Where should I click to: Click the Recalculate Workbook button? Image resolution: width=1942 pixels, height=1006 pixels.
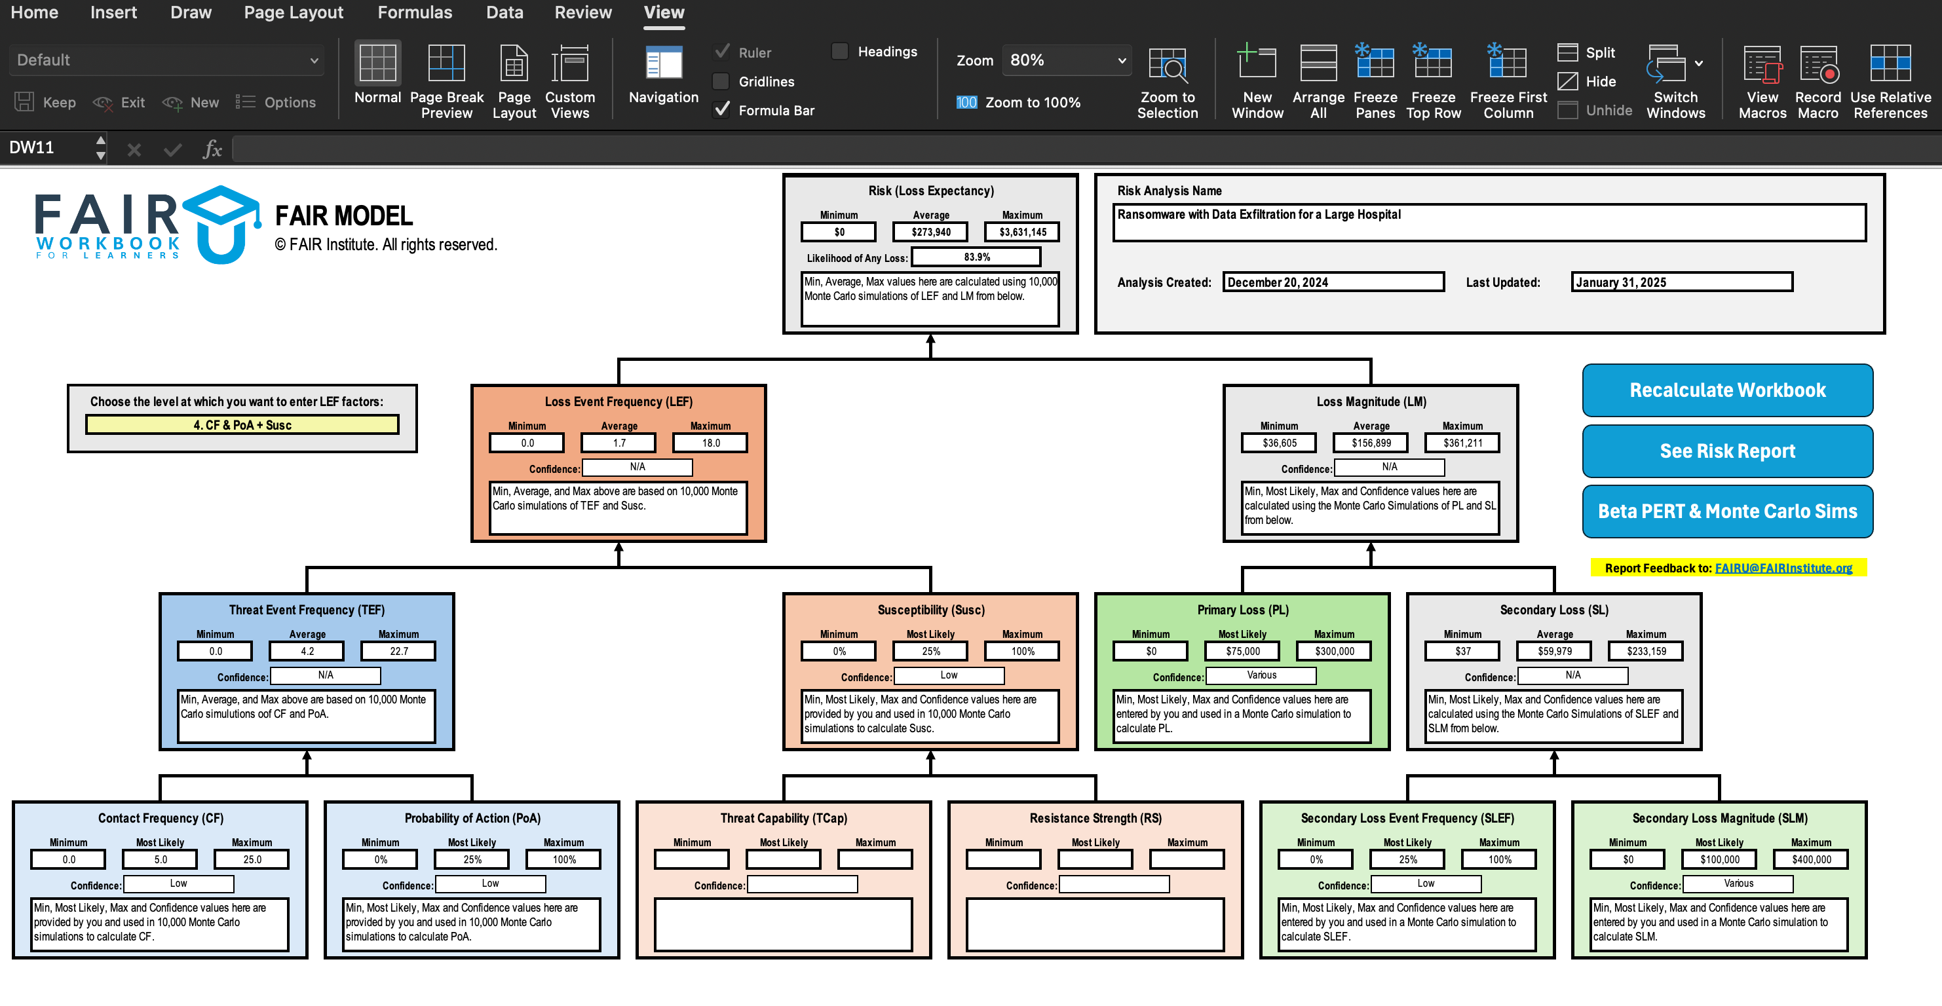pos(1726,390)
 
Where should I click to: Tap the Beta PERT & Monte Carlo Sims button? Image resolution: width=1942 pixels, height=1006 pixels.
pos(1726,511)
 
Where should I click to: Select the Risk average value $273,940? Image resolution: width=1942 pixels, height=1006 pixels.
pos(930,232)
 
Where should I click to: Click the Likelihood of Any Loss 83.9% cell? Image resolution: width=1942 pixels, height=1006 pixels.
pos(976,257)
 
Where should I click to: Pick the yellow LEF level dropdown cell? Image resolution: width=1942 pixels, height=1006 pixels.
pos(242,425)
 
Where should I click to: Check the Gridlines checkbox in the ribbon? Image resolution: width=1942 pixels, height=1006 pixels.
pos(721,81)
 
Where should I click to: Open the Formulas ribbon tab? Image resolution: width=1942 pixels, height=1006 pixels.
pos(415,13)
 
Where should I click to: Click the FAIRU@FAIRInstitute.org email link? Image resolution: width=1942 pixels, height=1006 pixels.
pos(1783,568)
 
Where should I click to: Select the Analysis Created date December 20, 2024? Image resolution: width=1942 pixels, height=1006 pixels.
pos(1332,282)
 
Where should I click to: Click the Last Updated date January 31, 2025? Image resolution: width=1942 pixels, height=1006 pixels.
pos(1681,282)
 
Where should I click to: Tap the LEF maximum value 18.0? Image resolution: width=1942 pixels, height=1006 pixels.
pos(710,443)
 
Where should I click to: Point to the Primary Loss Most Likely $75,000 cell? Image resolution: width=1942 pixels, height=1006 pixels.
pos(1242,651)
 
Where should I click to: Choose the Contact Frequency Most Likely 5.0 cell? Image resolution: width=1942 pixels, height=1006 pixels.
pos(160,859)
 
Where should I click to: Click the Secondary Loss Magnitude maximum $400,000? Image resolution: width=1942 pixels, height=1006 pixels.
pos(1811,859)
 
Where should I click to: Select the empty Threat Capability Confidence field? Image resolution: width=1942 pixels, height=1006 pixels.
pos(801,884)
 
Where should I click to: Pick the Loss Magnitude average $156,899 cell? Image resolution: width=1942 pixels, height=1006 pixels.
pos(1371,443)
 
